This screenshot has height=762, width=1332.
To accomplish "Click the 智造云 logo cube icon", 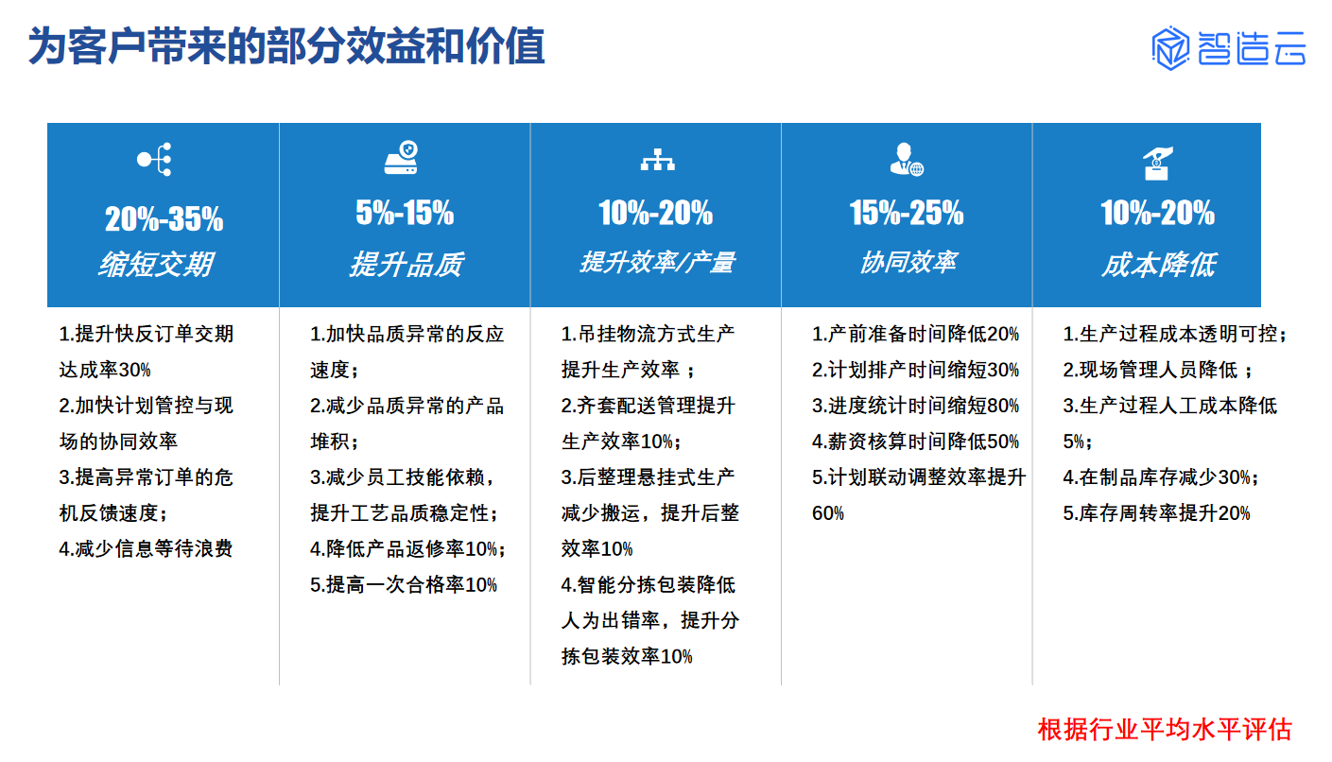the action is (1170, 48).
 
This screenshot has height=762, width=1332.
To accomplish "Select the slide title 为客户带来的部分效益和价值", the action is (286, 46).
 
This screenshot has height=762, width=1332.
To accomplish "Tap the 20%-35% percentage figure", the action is (164, 219).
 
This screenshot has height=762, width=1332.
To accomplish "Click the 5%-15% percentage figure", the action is (405, 213).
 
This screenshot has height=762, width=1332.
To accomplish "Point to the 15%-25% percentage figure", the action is (907, 213).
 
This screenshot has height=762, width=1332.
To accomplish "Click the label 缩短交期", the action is (156, 264).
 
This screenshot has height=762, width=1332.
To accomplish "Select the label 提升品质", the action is (407, 264).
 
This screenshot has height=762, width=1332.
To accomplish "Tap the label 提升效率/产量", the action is (658, 262).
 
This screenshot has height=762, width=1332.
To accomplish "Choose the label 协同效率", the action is (908, 262).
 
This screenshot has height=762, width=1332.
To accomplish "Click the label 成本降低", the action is (1159, 264).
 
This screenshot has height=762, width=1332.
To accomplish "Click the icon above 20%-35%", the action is (155, 160).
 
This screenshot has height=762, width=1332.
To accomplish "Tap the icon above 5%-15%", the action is (402, 158).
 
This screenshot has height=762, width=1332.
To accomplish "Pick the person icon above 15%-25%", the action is (907, 160).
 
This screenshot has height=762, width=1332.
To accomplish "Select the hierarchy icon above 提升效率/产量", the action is (658, 160).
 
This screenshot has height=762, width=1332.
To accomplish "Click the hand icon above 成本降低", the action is (1158, 163).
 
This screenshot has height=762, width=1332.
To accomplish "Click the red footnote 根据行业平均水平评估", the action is (1166, 729).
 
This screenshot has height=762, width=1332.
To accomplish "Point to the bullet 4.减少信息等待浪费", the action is (146, 548).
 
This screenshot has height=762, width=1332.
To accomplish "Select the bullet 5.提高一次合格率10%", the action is (403, 584).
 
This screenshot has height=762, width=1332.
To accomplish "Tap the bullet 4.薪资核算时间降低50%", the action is (916, 442).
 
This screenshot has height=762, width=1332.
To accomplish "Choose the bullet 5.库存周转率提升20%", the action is (1156, 512).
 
